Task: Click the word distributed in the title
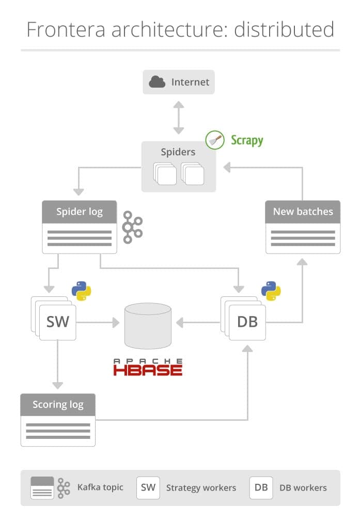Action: pyautogui.click(x=284, y=29)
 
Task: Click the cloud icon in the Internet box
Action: pyautogui.click(x=157, y=82)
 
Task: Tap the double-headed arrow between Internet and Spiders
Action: pyautogui.click(x=179, y=118)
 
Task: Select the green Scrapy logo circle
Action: pyautogui.click(x=215, y=140)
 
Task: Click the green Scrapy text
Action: pyautogui.click(x=247, y=140)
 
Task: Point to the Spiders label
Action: pyautogui.click(x=178, y=152)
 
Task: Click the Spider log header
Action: pyautogui.click(x=79, y=212)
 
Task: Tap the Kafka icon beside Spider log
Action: pyautogui.click(x=133, y=227)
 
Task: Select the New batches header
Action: pyautogui.click(x=303, y=212)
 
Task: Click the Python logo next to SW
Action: pyautogui.click(x=82, y=291)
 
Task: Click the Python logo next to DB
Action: pyautogui.click(x=271, y=291)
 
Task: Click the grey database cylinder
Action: pyautogui.click(x=148, y=326)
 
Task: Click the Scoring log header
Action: pyautogui.click(x=58, y=405)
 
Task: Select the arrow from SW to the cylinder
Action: pyautogui.click(x=98, y=322)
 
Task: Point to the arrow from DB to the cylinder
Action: pyautogui.click(x=198, y=322)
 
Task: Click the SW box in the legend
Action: pyautogui.click(x=148, y=488)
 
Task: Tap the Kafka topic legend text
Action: pyautogui.click(x=100, y=487)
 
